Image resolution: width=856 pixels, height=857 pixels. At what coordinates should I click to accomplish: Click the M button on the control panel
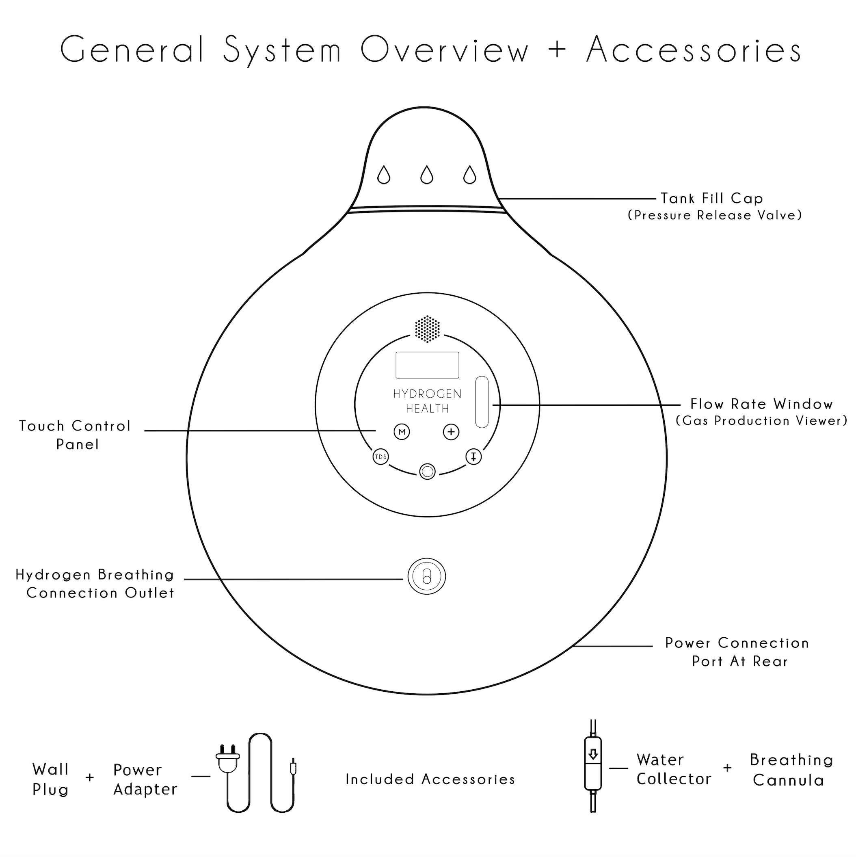click(x=402, y=432)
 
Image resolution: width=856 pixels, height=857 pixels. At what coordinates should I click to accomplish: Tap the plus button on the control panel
click(x=451, y=432)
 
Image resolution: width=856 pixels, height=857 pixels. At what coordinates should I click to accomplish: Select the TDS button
click(x=380, y=457)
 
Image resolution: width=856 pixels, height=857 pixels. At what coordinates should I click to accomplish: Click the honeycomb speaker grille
click(x=427, y=329)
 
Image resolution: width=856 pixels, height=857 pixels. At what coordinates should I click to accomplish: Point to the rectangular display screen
click(x=427, y=365)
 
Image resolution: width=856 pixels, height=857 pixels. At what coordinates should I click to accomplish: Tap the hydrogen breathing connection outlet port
click(x=427, y=576)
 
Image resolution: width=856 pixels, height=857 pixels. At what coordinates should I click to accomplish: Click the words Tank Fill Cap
click(x=711, y=198)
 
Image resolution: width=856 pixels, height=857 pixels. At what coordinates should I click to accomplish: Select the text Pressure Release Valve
click(x=715, y=216)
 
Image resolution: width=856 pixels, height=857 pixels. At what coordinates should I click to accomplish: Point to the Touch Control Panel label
click(x=76, y=435)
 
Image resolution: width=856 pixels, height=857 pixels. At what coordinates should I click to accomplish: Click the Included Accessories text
click(x=430, y=779)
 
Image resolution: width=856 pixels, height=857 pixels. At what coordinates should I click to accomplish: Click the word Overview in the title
click(x=444, y=50)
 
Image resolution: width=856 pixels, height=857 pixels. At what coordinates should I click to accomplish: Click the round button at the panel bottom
click(x=428, y=471)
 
